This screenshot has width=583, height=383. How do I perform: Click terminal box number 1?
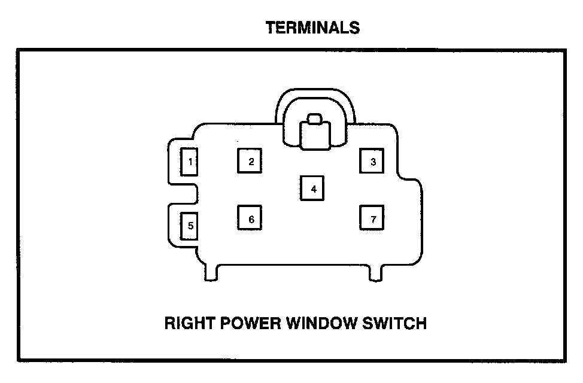tap(189, 162)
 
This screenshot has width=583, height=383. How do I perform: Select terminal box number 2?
tap(251, 161)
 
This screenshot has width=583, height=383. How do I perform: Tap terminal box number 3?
tap(372, 161)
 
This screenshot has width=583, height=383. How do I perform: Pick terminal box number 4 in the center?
tap(312, 189)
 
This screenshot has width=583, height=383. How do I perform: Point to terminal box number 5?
tap(189, 226)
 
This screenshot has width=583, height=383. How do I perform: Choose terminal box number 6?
tap(251, 219)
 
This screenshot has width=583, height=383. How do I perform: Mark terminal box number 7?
tap(372, 219)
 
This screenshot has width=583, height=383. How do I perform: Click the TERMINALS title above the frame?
tap(312, 28)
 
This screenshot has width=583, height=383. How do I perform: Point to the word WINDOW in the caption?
tap(324, 324)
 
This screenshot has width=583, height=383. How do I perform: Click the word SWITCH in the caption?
tap(397, 324)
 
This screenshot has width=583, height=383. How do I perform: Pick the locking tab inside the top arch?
tap(315, 134)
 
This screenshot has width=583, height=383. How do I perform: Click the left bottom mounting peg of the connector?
tap(212, 272)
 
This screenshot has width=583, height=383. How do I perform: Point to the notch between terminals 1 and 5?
tap(186, 193)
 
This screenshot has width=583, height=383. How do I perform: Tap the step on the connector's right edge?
tap(413, 178)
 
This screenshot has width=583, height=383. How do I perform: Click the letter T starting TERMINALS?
tap(271, 28)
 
